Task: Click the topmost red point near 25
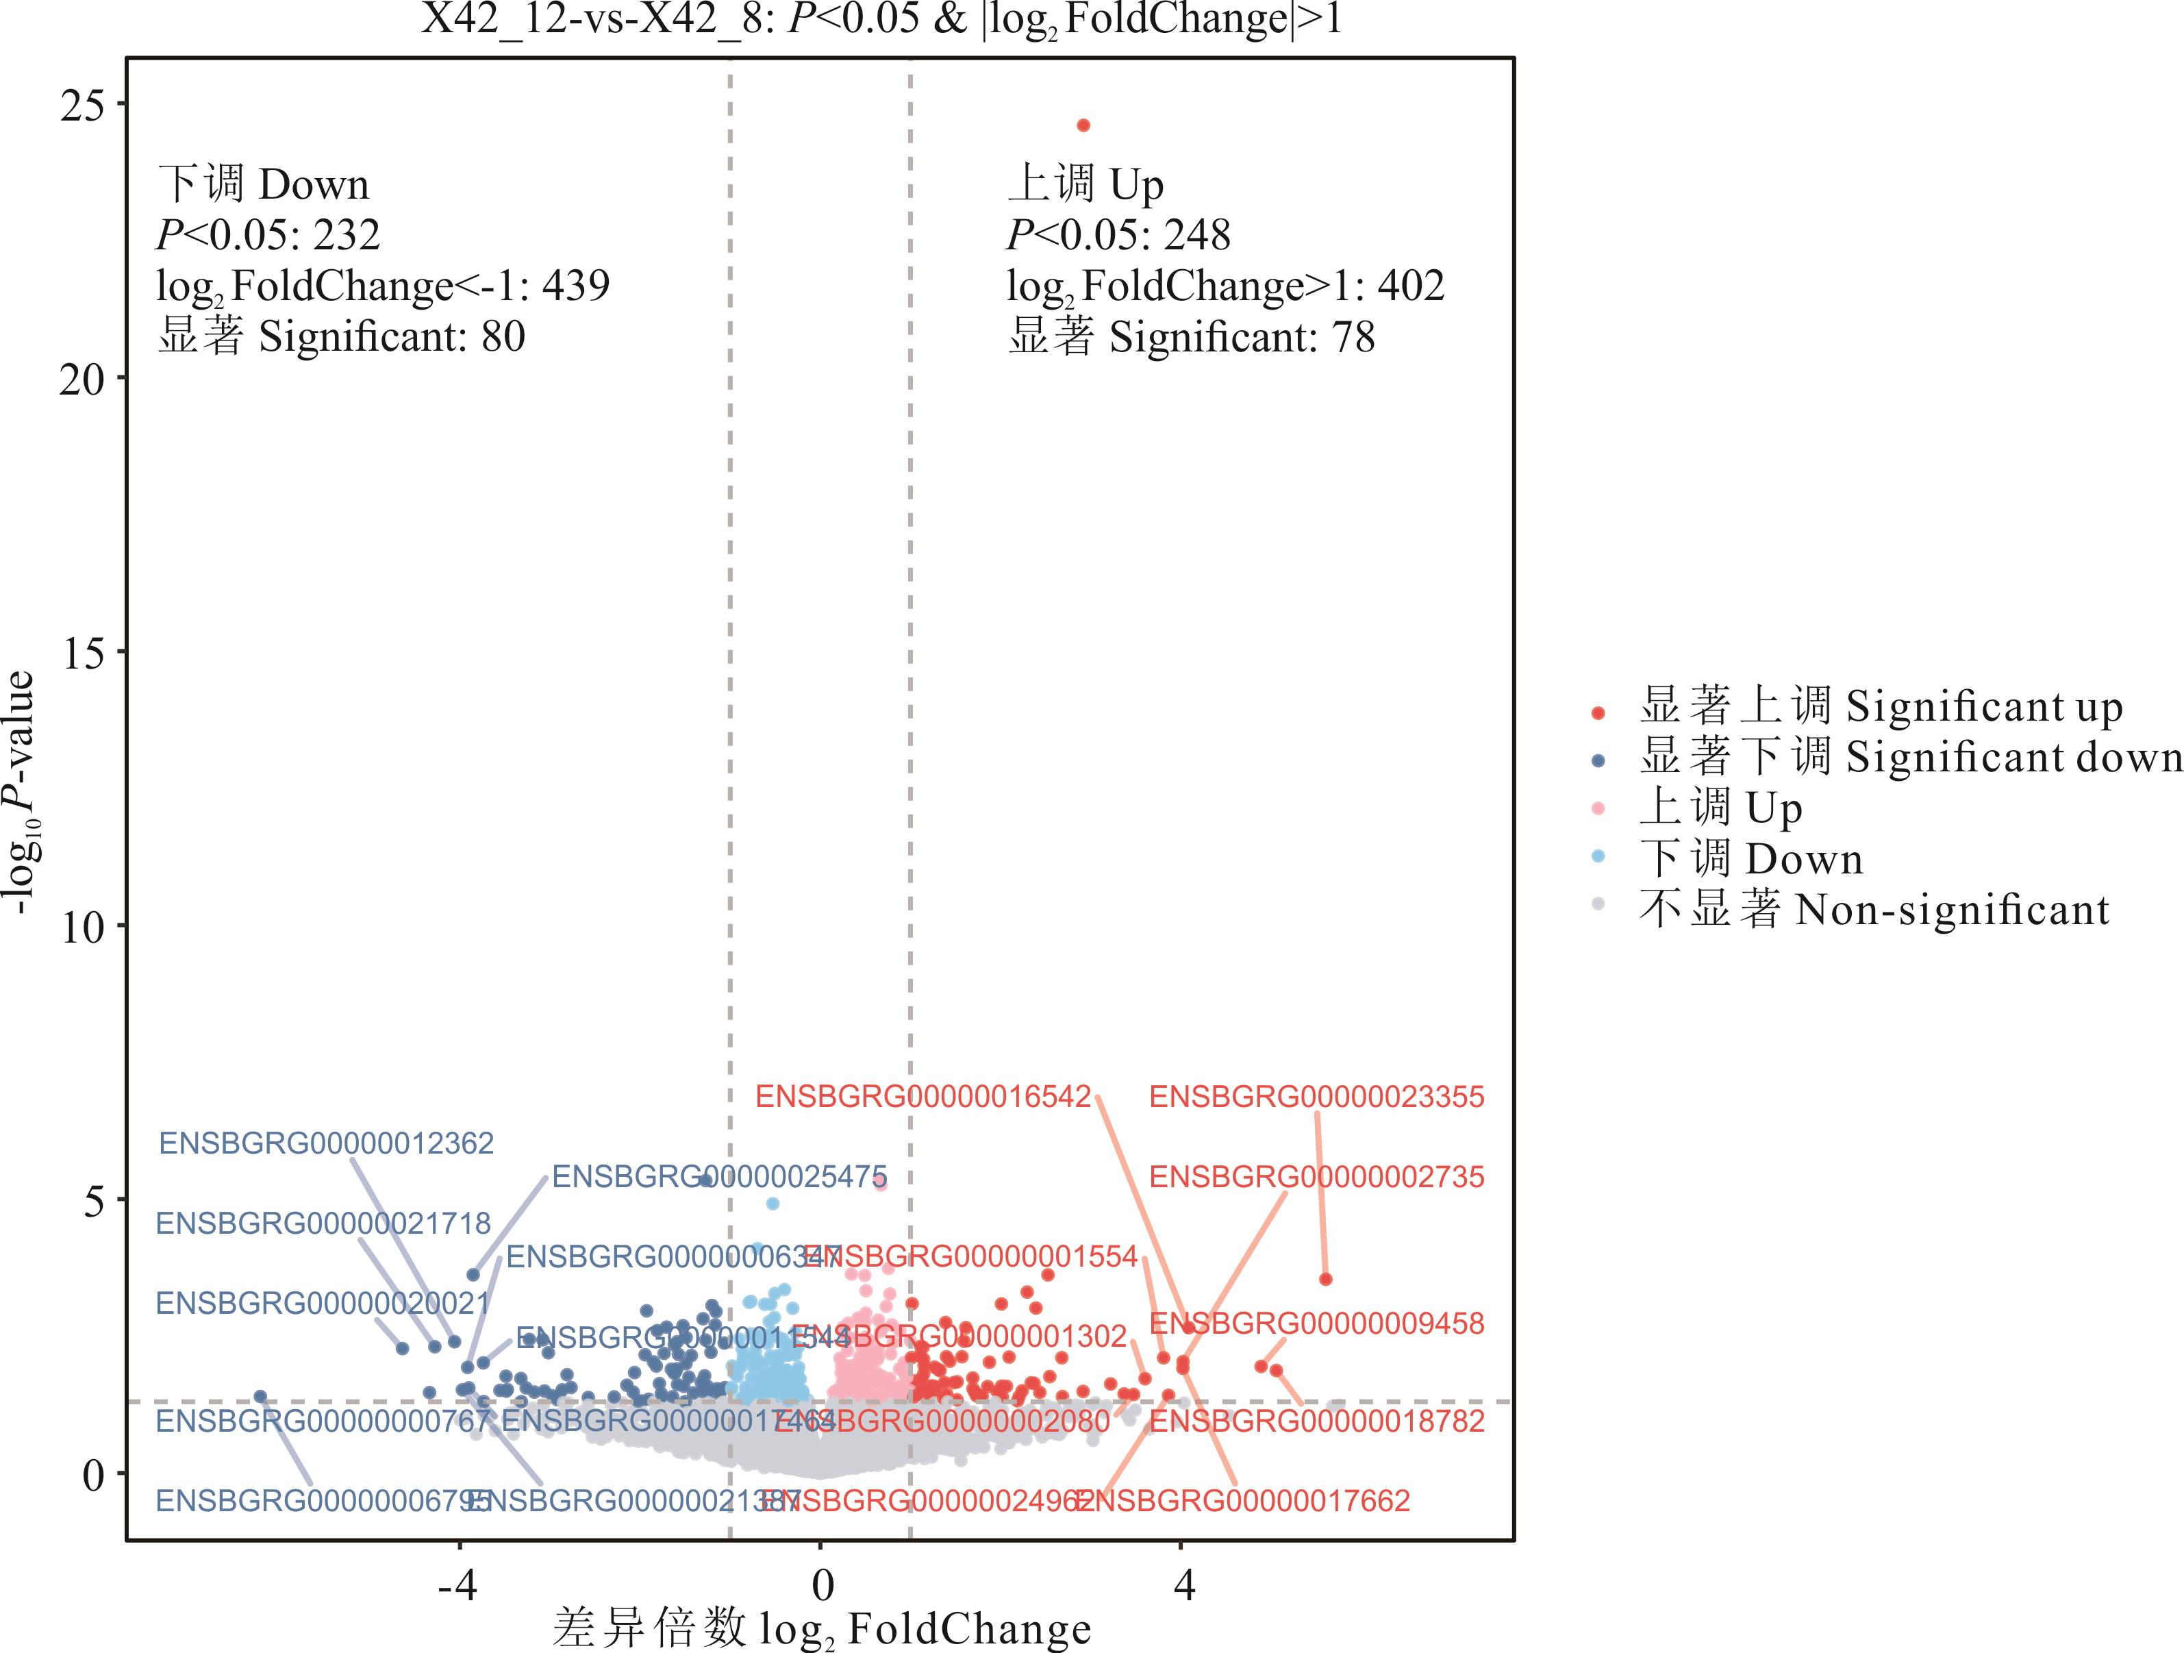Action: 1083,125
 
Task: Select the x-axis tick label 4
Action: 1184,1586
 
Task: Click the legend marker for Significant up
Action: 1598,712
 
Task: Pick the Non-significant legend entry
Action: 1874,910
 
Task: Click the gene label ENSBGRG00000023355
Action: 1316,1097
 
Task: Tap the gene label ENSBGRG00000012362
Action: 326,1143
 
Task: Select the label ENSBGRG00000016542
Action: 922,1097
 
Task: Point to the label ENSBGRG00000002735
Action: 1316,1177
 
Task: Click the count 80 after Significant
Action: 503,337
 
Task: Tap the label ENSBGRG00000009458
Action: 1316,1323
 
